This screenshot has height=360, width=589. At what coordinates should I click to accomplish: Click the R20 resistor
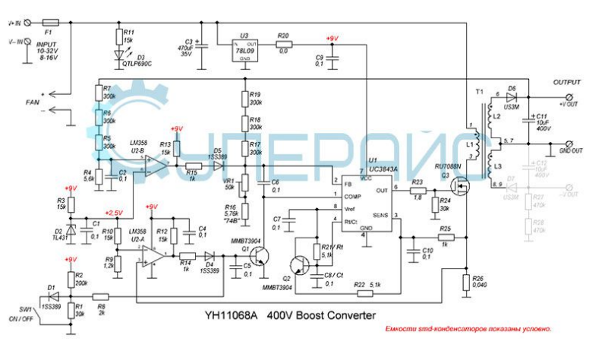point(282,45)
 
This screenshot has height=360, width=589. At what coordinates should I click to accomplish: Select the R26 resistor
point(465,283)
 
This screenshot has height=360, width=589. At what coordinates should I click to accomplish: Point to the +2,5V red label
point(113,213)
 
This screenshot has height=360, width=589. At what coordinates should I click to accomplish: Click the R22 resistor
point(365,292)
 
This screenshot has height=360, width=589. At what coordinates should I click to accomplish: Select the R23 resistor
point(417,191)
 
